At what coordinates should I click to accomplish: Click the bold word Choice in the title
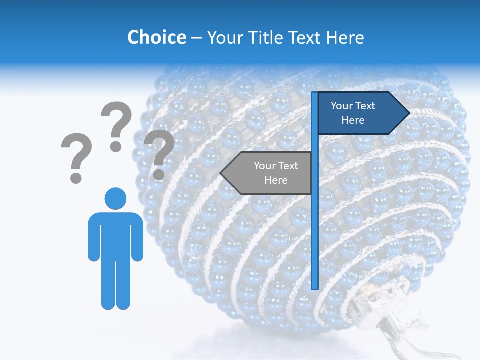pos(156,37)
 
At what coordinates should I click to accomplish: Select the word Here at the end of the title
pos(345,37)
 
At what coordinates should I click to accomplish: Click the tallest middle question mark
pos(117,125)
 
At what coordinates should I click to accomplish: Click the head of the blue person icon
pos(115,198)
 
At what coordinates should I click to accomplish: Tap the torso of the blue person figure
pos(115,235)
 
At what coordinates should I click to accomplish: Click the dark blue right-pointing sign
pos(357,113)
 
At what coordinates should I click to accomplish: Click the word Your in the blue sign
pos(342,106)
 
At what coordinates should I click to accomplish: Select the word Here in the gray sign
pos(276,180)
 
